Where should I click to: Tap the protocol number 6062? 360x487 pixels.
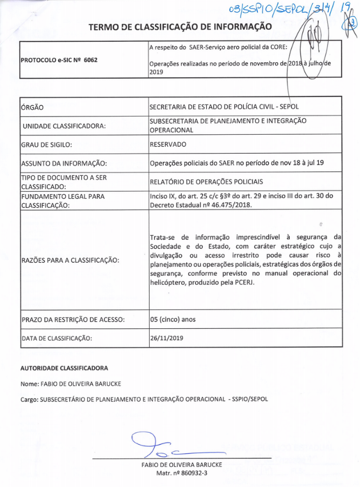[87, 59]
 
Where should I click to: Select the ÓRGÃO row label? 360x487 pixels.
[33, 107]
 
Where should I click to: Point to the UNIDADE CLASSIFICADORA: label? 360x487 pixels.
[64, 126]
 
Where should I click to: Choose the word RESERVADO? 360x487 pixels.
[169, 144]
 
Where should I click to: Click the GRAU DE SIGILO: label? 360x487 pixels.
[46, 145]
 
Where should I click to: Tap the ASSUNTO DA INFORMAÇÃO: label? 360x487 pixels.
[63, 163]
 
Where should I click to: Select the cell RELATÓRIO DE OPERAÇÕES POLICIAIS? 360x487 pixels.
[206, 182]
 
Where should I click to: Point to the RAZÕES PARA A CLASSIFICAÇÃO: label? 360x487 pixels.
[70, 260]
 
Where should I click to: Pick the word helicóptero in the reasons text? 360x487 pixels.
[170, 283]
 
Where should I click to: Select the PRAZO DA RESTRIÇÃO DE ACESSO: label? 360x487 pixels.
[73, 319]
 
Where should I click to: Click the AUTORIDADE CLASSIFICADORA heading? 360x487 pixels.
[64, 368]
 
